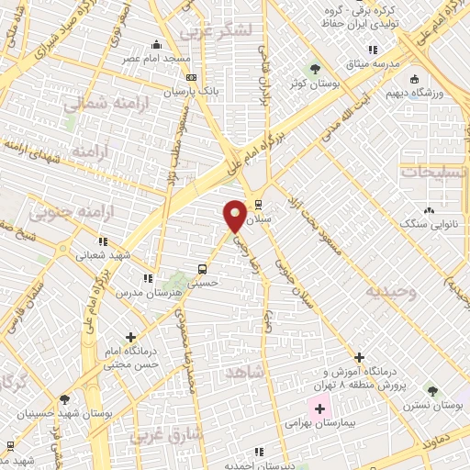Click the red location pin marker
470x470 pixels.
click(236, 215)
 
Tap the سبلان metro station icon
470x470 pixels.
click(259, 204)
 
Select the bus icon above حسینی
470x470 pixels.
click(201, 269)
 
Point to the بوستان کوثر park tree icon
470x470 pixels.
click(315, 69)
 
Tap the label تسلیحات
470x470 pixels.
click(434, 171)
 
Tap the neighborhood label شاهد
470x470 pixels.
click(242, 371)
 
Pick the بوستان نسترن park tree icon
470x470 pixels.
click(414, 389)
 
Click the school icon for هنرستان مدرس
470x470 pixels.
click(146, 277)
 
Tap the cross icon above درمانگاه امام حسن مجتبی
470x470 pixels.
click(131, 337)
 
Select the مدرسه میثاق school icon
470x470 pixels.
click(372, 50)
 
